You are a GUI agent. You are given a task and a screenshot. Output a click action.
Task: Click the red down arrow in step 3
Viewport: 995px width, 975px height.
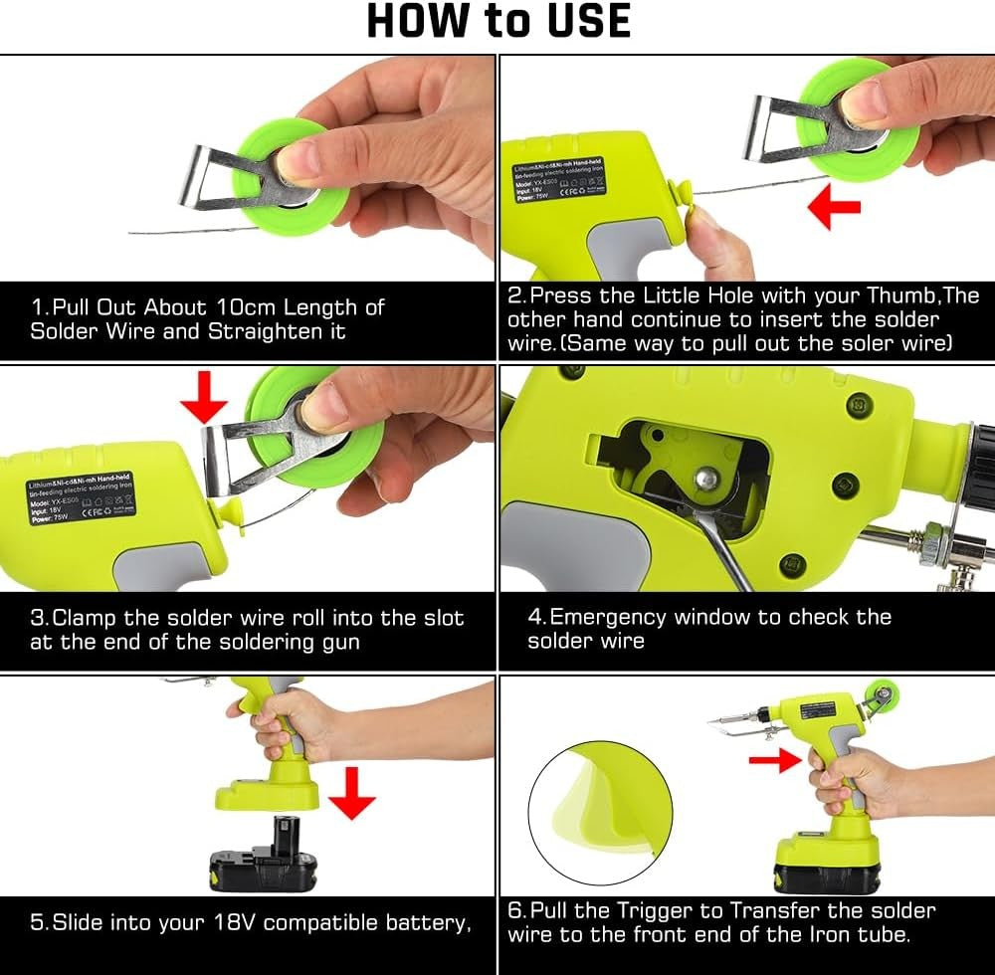(204, 397)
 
